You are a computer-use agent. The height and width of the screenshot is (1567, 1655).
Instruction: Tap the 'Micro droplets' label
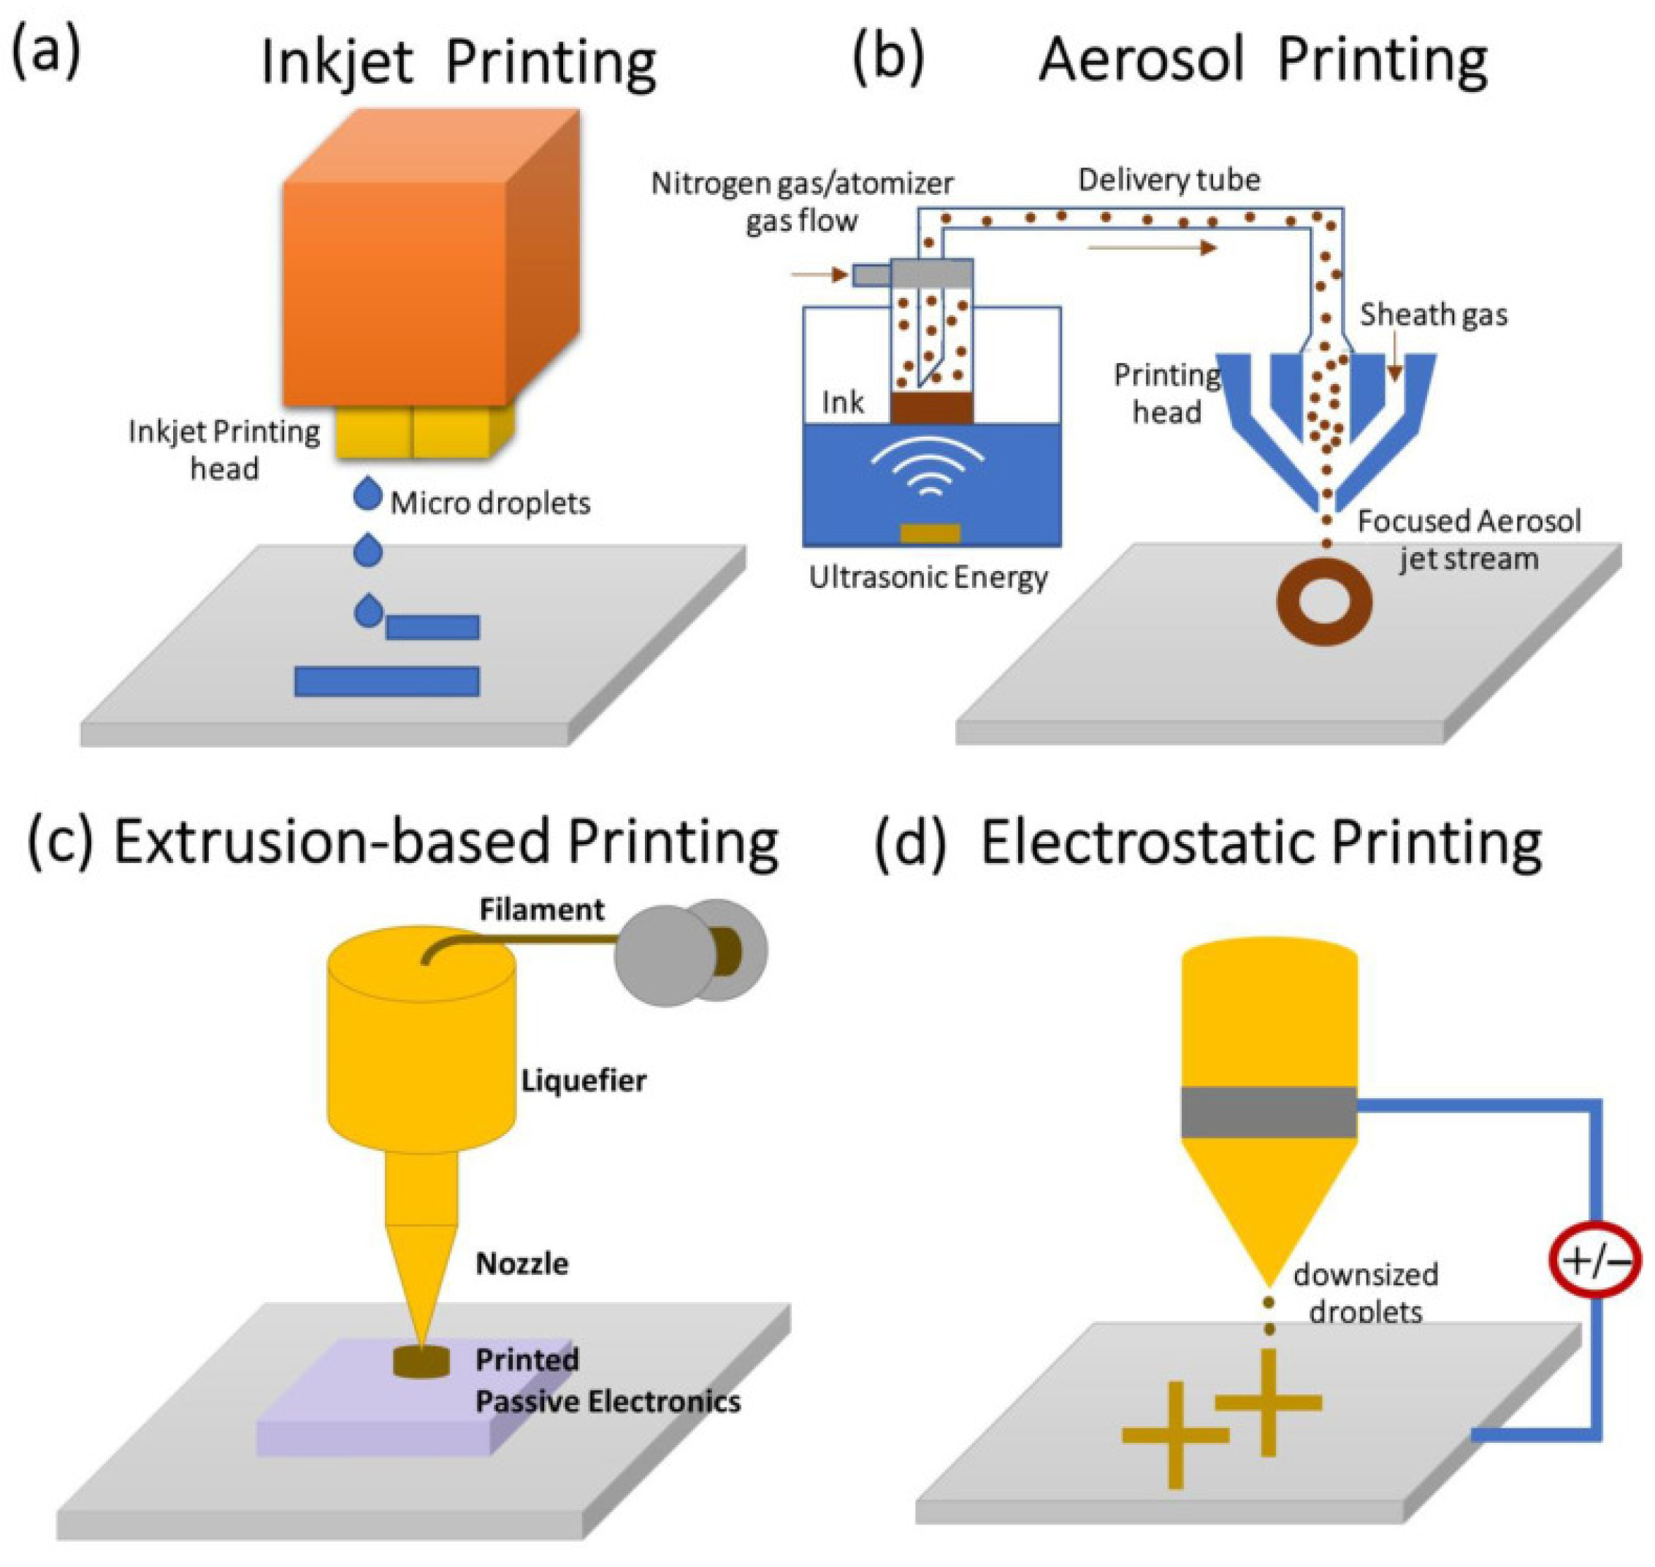(x=490, y=503)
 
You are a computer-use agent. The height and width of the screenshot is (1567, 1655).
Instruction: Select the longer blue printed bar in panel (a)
(x=387, y=681)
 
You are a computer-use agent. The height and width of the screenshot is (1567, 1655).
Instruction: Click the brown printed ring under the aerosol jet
(x=1325, y=604)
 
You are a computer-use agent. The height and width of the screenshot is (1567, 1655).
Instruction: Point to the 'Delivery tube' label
(x=1169, y=180)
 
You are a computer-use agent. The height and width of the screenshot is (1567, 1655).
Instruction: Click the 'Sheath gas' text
(x=1434, y=315)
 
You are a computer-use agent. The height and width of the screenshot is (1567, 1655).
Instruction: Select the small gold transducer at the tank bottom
(x=930, y=532)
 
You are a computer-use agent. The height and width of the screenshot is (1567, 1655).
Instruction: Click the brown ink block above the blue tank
(x=931, y=408)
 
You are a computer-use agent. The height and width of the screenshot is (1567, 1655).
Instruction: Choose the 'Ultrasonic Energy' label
(x=928, y=577)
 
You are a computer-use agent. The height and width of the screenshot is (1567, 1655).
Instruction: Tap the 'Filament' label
(x=541, y=909)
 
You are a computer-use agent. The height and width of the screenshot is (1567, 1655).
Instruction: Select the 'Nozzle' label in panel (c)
(x=522, y=1263)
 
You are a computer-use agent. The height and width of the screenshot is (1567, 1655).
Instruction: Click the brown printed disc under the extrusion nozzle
(x=421, y=1363)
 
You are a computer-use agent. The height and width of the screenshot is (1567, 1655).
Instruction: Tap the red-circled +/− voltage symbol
(x=1595, y=1260)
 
